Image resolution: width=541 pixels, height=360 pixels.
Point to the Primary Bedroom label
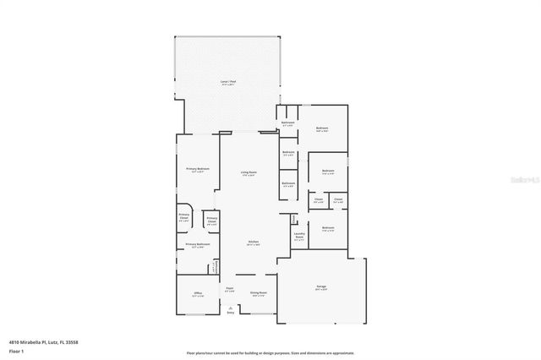(198, 169)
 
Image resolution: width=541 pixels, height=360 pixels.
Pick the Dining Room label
(258, 293)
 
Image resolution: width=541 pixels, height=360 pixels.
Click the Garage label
(322, 288)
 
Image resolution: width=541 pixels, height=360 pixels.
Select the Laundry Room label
(299, 236)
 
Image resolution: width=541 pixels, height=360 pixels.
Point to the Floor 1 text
(16, 350)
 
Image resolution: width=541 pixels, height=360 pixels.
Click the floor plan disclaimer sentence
(270, 352)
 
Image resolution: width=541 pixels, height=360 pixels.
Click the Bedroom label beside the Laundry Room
(328, 227)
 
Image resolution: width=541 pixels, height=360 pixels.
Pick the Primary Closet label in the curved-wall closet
(184, 217)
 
